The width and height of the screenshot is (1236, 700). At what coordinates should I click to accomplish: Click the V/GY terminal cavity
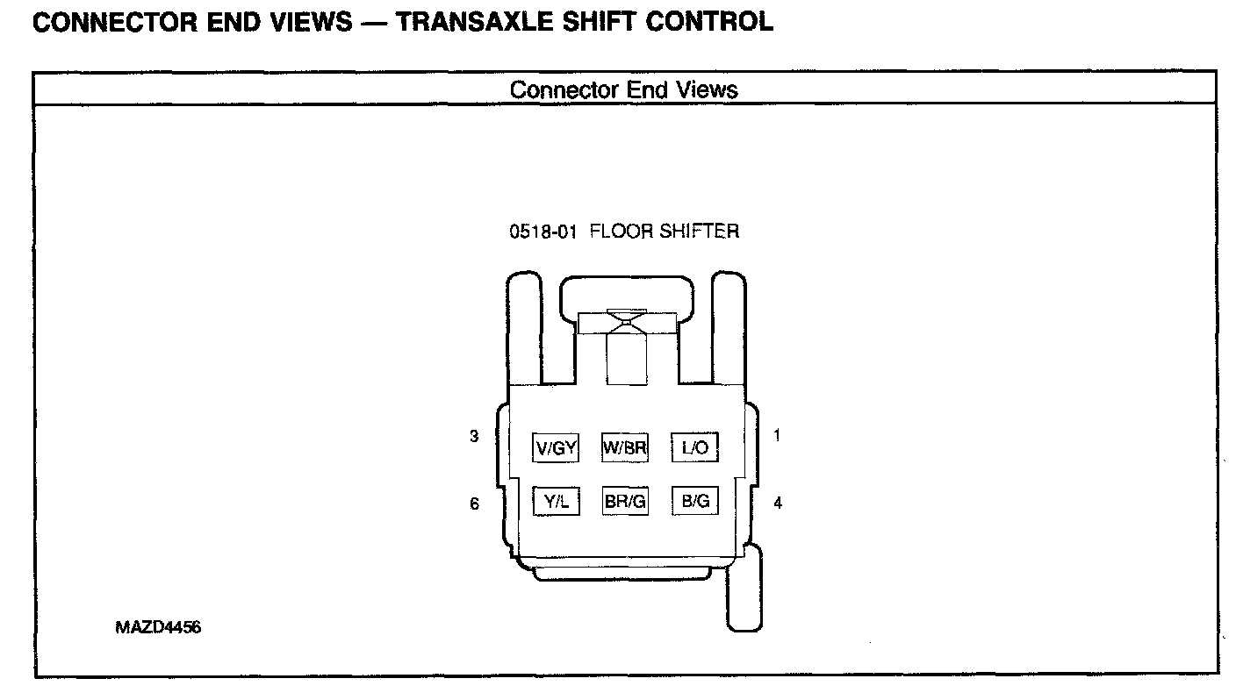pyautogui.click(x=556, y=448)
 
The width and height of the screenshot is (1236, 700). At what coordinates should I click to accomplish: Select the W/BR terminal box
pyautogui.click(x=624, y=448)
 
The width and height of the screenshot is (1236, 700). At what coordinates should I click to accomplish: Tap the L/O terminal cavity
pyautogui.click(x=694, y=448)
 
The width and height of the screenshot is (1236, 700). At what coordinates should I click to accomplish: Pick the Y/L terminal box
pyautogui.click(x=557, y=501)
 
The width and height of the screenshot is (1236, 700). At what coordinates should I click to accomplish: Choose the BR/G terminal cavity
pyautogui.click(x=625, y=501)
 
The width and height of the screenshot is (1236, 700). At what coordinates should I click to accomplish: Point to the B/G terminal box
pyautogui.click(x=694, y=501)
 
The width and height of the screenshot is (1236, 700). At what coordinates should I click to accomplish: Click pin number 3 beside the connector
pyautogui.click(x=474, y=436)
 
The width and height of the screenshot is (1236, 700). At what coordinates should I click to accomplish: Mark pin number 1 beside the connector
pyautogui.click(x=777, y=435)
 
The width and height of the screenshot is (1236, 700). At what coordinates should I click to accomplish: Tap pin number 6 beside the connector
pyautogui.click(x=475, y=504)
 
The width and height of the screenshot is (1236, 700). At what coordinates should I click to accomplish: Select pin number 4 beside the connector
pyautogui.click(x=778, y=504)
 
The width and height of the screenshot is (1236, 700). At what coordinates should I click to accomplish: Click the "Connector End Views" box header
pyautogui.click(x=623, y=89)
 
